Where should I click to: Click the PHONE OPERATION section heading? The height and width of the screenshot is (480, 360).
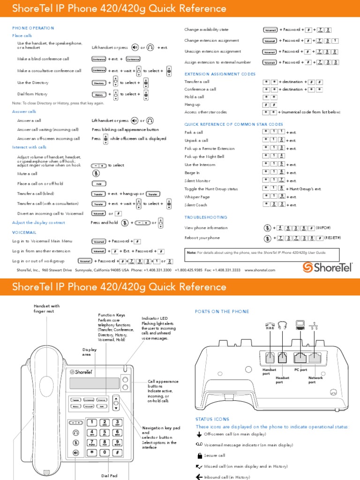click(33, 28)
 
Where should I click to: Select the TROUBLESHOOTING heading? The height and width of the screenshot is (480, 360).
click(206, 217)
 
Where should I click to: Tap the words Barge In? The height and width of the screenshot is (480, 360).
click(192, 173)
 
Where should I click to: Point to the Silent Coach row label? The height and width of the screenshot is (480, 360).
click(196, 205)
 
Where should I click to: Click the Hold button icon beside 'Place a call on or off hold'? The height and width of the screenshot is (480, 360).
click(98, 184)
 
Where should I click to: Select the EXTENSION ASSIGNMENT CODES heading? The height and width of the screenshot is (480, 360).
click(220, 74)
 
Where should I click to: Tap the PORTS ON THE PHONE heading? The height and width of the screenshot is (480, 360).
click(222, 312)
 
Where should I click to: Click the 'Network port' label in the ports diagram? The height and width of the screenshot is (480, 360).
click(315, 380)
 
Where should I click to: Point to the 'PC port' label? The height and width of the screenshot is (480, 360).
click(300, 370)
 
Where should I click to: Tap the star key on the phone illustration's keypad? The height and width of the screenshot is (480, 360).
click(92, 452)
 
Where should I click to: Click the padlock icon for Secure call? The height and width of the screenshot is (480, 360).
click(200, 455)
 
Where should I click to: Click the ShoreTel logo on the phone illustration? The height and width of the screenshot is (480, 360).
click(80, 372)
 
